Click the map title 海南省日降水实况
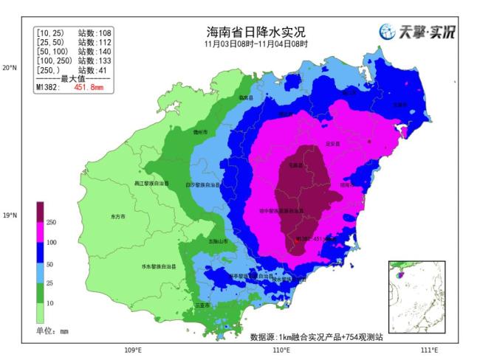255,32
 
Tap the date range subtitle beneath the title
255,44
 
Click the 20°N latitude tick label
10,68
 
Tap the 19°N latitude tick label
10,216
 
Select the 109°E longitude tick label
132,350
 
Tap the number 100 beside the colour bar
52,242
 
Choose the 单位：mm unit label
52,331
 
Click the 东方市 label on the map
117,217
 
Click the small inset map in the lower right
416,297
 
